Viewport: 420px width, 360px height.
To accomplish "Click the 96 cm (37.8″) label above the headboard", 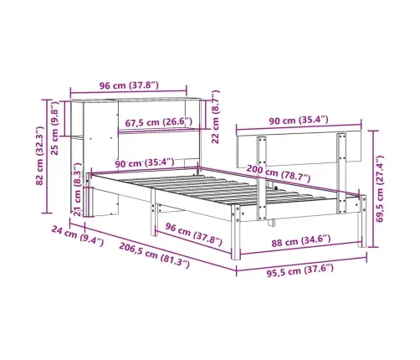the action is point(129,85).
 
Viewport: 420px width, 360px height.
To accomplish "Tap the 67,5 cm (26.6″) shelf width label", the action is point(158,122).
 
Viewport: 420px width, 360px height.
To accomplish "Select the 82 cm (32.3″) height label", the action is point(40,156).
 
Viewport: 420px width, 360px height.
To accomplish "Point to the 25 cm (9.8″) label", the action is point(55,128).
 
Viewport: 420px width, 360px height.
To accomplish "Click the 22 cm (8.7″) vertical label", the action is point(216,117).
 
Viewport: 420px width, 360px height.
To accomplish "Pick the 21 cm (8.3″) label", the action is point(78,189).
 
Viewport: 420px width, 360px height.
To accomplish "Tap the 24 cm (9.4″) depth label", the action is point(78,236).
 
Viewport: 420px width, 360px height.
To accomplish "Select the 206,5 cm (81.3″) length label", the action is point(155,255).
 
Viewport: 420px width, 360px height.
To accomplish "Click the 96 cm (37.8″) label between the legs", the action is point(193,234).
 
